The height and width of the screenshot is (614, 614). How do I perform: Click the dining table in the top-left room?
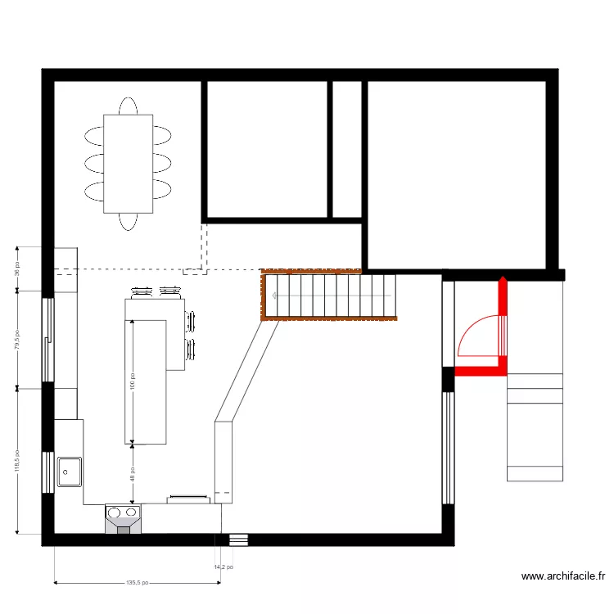coord(128,164)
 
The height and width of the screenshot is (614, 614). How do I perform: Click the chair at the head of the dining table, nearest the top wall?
coord(128,106)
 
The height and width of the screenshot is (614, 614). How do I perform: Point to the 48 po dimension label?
coord(131,474)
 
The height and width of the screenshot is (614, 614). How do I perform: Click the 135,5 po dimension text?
coord(137,585)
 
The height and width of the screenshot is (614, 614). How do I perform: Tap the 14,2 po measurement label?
coord(223,567)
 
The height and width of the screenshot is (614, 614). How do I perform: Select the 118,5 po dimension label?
coord(18,473)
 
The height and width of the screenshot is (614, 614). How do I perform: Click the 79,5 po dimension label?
coord(18,337)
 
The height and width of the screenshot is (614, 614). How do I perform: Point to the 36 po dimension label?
coord(18,269)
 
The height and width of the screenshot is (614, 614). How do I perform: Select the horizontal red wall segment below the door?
coord(481,371)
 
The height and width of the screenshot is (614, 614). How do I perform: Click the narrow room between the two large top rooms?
coord(347,150)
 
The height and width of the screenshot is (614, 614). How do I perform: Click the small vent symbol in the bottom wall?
coord(238,540)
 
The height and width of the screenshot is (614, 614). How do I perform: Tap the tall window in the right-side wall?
coord(448,448)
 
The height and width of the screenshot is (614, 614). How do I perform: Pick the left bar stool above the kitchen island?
coord(142,290)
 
